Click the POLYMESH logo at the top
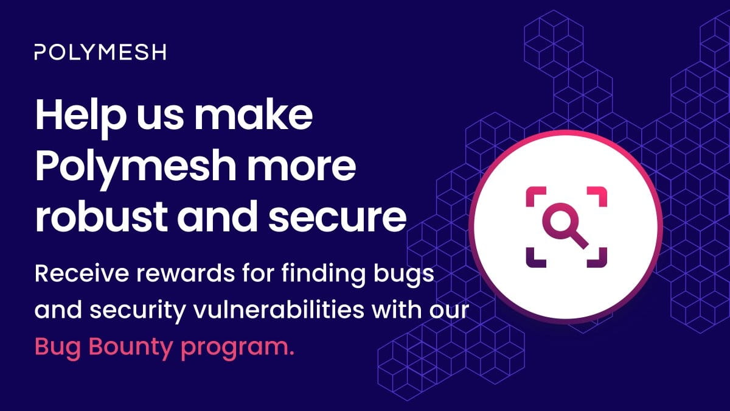pos(100,52)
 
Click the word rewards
pos(160,273)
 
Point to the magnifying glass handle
pos(581,242)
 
